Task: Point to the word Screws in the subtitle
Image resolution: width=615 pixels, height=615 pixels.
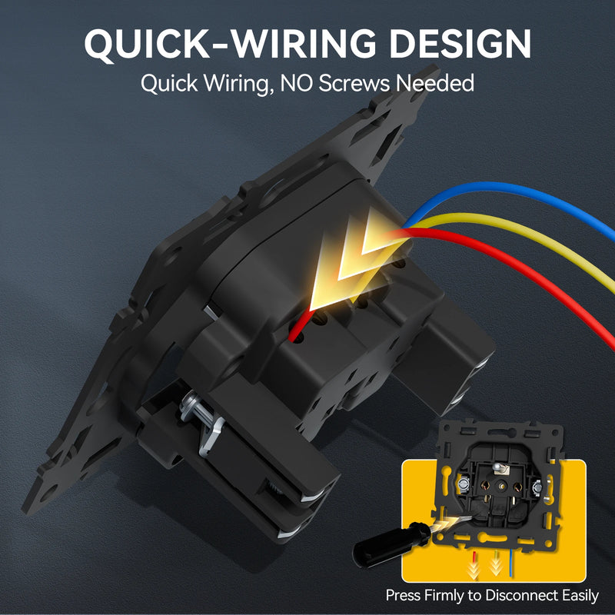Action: [x=354, y=83]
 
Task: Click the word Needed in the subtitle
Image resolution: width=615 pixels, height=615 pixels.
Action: [x=434, y=83]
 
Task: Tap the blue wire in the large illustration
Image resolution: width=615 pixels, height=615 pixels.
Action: [x=510, y=191]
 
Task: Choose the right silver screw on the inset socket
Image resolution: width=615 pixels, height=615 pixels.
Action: [x=537, y=487]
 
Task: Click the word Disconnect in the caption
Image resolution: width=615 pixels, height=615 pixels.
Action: [x=522, y=595]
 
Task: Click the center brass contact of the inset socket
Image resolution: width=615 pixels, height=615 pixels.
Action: [x=501, y=487]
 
